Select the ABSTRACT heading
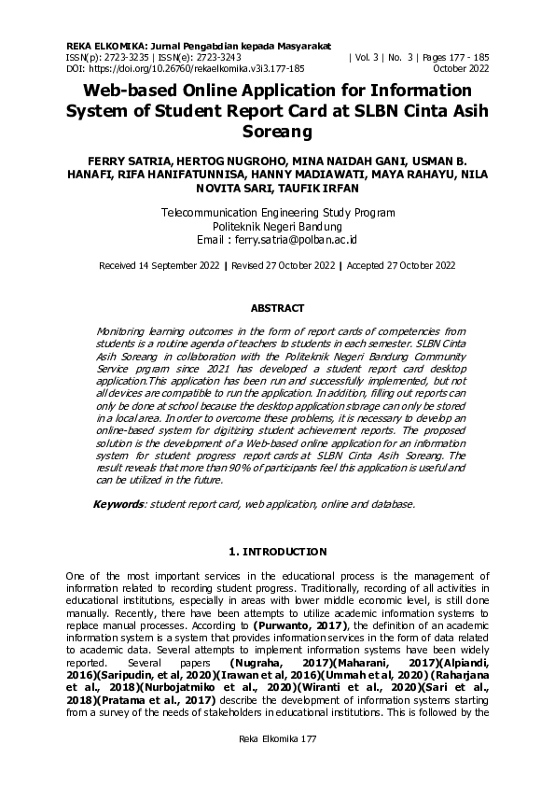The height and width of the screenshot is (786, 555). point(277,308)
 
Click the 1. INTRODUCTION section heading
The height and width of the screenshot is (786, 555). point(277,552)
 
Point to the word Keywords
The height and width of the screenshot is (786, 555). point(119,504)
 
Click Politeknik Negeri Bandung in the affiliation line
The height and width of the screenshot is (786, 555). point(277,227)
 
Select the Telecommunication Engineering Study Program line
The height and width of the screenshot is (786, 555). point(277,213)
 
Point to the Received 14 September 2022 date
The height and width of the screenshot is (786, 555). point(159,266)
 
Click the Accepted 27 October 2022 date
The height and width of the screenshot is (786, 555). point(401,266)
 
